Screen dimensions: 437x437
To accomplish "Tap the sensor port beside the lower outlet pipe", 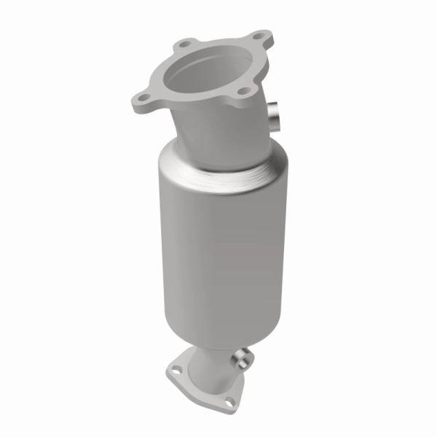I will pos(241,359).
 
